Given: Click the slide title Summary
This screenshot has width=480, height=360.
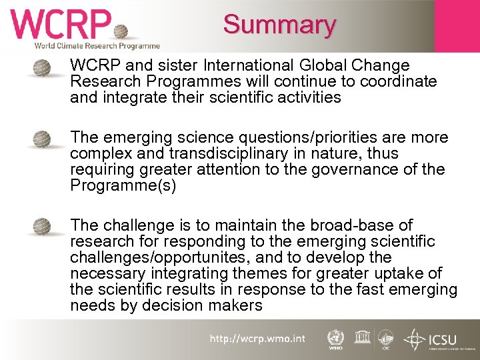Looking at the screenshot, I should click(279, 25).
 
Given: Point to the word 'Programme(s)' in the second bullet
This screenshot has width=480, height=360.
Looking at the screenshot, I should click(123, 185).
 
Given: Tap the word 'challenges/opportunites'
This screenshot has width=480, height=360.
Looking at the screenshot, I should click(160, 257).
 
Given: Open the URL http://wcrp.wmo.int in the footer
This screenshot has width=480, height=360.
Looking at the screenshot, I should click(257, 339).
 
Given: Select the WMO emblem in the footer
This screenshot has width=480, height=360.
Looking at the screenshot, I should click(335, 338).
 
